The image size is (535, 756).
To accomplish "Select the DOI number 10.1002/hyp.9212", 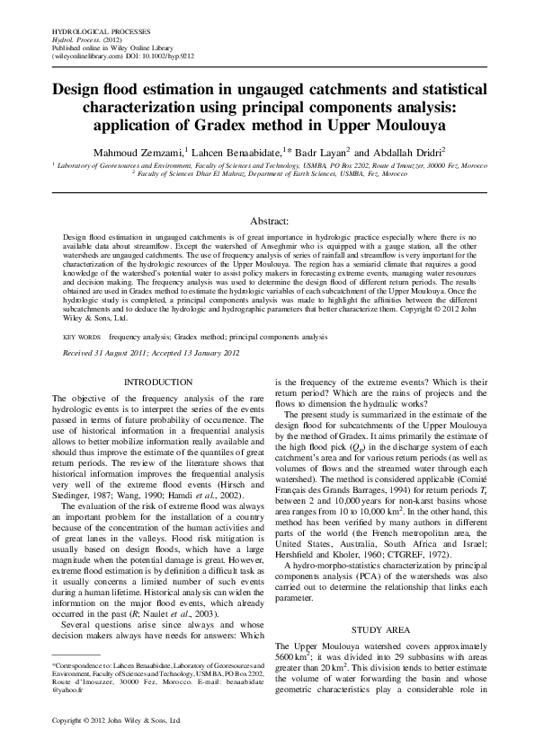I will coord(159,56).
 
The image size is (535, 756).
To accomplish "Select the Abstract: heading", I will coord(268,220).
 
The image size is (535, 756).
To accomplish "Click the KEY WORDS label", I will coord(81,336).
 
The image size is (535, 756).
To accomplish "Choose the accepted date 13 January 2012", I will coord(206,352).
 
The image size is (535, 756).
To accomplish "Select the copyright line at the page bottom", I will coord(117,721).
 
